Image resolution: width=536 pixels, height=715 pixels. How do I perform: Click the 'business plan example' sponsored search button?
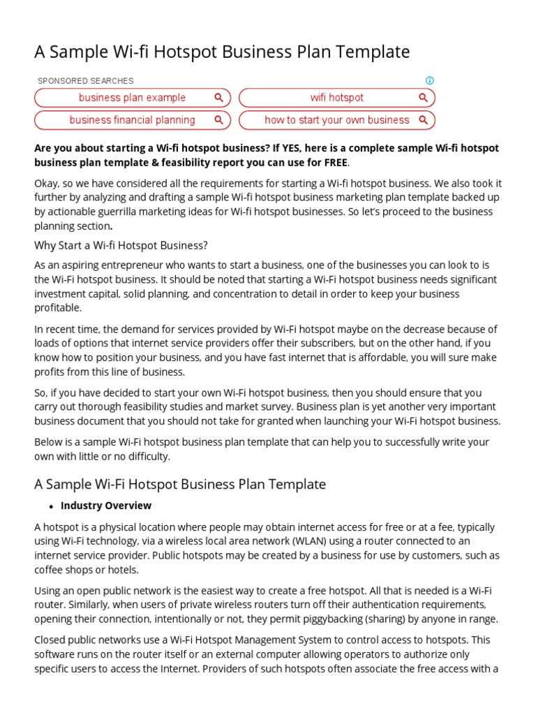[x=132, y=98]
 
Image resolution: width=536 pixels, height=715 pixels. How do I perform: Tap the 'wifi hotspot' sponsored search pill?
[x=336, y=98]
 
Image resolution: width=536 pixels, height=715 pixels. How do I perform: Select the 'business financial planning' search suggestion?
[x=132, y=120]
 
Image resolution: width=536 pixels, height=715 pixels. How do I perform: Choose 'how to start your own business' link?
[x=336, y=120]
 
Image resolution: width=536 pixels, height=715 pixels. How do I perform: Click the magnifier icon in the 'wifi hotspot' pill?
[x=423, y=98]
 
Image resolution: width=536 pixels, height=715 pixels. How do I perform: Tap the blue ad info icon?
[x=430, y=80]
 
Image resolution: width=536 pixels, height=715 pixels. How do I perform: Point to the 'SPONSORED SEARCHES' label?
[x=85, y=81]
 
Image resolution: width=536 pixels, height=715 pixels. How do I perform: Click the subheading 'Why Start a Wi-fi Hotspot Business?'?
[x=121, y=245]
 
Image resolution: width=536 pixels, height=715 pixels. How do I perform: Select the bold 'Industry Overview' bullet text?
[x=106, y=506]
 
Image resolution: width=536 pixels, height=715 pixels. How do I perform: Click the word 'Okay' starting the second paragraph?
[x=47, y=184]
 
